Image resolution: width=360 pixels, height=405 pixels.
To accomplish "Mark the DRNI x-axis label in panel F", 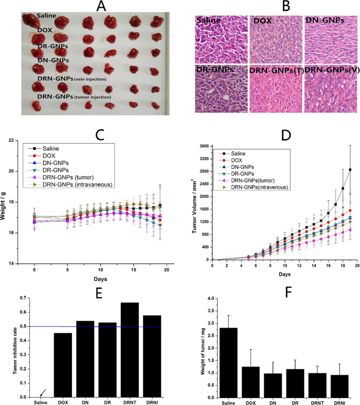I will [340, 403].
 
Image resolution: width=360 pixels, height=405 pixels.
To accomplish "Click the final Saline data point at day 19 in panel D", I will [350, 170].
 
